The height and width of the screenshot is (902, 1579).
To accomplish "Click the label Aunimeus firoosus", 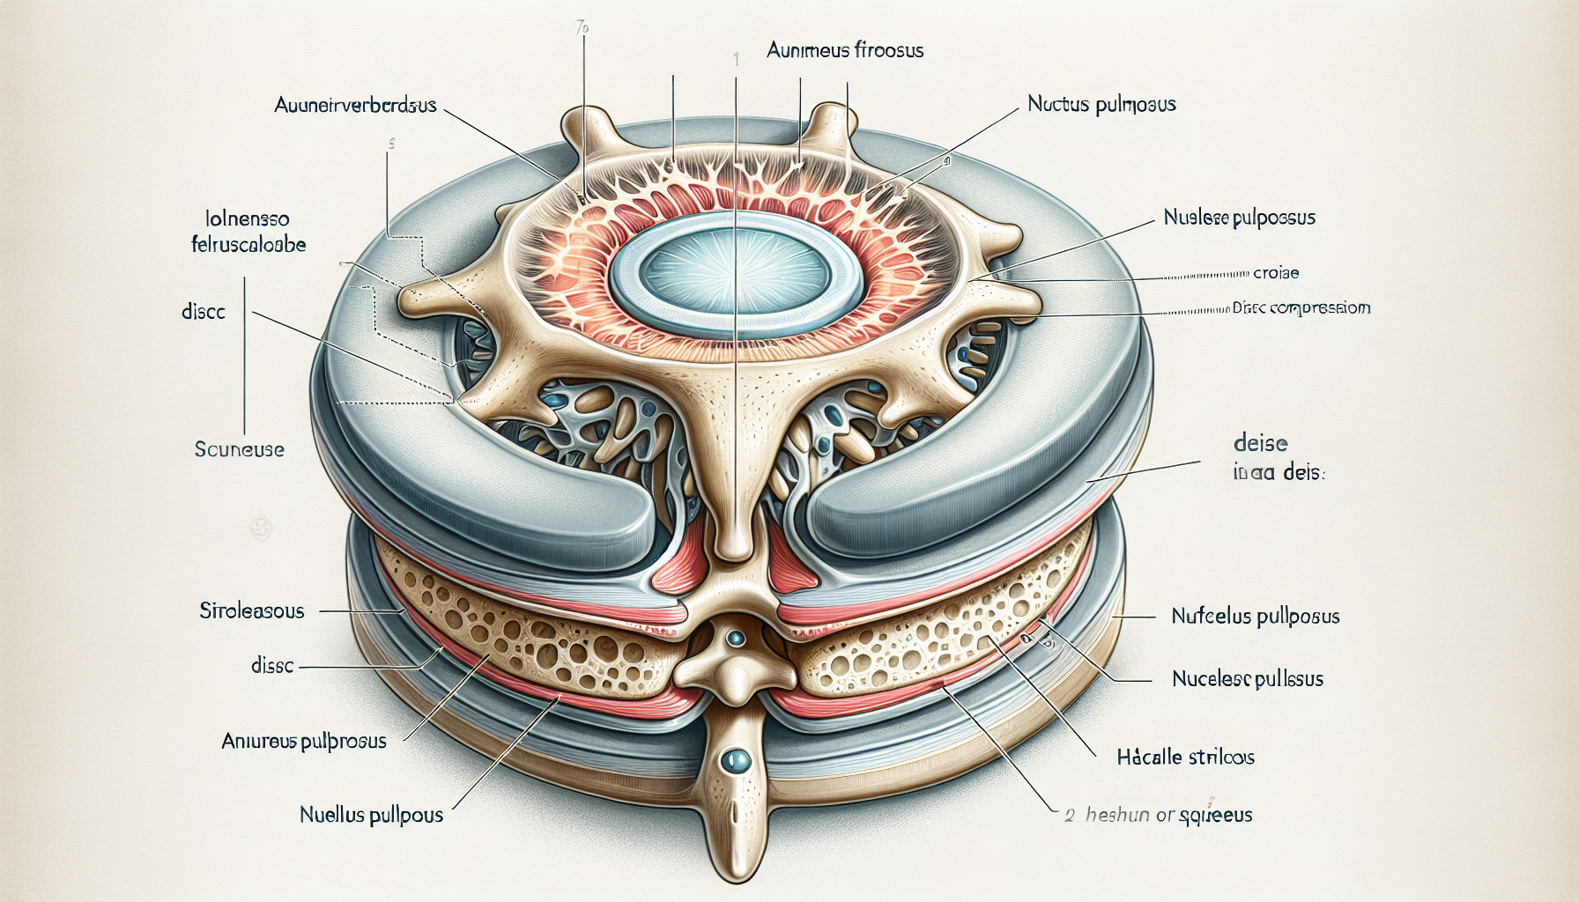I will point(844,50).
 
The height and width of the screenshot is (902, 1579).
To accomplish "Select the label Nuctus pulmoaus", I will point(1101,105).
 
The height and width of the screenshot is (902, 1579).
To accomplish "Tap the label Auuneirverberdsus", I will point(355,106).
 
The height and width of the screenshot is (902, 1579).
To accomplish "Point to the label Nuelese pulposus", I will point(1239,218).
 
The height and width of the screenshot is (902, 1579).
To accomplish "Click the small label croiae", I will point(1276,273).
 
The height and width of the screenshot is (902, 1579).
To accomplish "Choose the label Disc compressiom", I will point(1301,308).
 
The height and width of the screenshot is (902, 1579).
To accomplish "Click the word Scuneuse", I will point(239,449).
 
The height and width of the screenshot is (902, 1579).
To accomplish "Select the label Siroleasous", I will point(251,610).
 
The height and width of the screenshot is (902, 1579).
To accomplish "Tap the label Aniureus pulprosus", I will point(303,742).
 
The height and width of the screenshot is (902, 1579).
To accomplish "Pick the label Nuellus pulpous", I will point(371,815).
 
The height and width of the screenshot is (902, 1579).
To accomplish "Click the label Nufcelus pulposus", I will point(1255,617).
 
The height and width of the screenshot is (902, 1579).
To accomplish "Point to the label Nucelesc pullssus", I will point(1247,679).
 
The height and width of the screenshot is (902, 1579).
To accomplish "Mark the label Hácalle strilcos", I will point(1185,757).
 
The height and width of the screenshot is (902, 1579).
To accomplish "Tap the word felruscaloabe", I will point(248,244).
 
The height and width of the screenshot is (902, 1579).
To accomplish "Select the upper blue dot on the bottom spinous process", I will point(736,637).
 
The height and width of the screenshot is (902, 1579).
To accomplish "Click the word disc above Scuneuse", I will point(204,312).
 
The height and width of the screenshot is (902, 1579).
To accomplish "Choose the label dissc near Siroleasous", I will point(272,666).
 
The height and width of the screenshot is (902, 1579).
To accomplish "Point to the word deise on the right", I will point(1260,444).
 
